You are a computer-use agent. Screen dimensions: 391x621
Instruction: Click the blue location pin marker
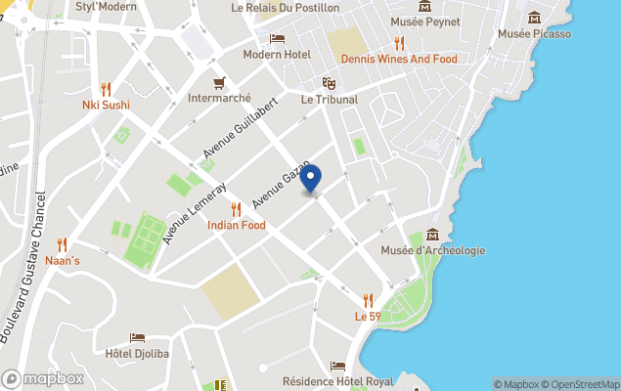click(310, 180)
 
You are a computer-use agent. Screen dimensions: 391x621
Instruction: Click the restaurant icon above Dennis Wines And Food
click(399, 43)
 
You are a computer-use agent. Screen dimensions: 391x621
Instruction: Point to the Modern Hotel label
click(276, 54)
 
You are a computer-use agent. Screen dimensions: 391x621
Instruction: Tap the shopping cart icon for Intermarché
click(220, 82)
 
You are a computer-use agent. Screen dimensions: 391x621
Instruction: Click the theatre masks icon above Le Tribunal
click(329, 83)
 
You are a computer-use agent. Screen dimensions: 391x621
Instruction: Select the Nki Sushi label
click(106, 105)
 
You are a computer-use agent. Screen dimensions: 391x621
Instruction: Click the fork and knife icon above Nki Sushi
click(106, 89)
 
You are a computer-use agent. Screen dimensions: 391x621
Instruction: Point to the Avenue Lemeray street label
click(196, 212)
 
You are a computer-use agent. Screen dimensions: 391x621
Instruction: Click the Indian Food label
click(236, 225)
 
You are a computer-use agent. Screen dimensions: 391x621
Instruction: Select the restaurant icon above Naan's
click(63, 244)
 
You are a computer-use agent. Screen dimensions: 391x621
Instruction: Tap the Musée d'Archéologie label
click(432, 250)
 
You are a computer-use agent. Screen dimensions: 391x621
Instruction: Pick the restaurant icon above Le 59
click(368, 300)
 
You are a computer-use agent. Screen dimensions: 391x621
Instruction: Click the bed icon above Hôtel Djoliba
click(138, 337)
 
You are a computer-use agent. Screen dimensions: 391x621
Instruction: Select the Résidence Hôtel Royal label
click(337, 381)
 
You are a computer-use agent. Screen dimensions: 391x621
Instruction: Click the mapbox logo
click(43, 378)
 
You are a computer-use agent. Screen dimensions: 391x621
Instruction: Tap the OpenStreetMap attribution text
click(581, 384)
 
